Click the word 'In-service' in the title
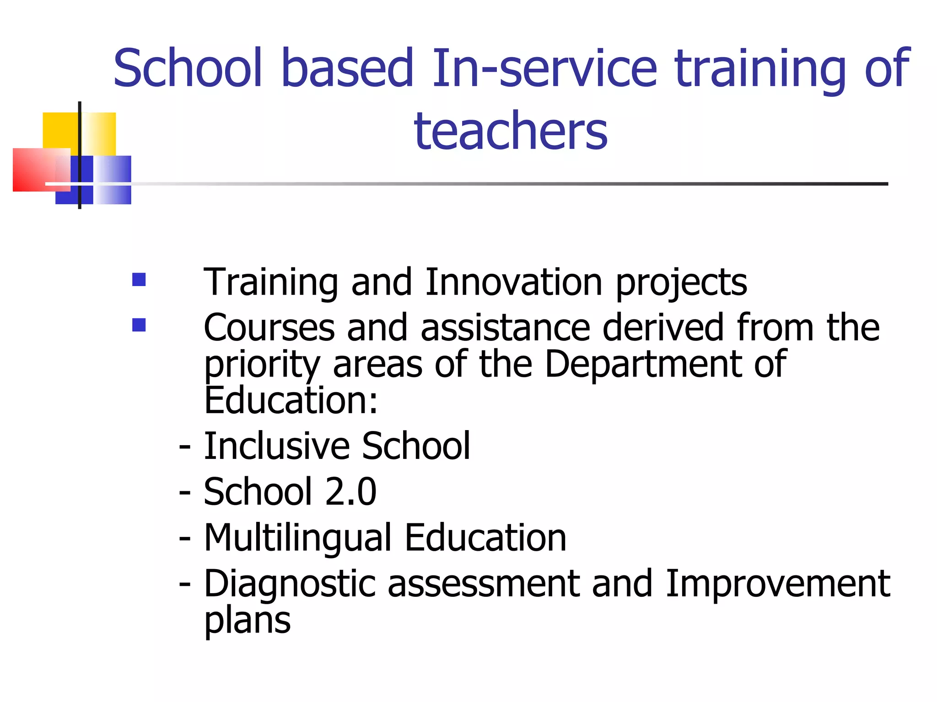click(x=544, y=69)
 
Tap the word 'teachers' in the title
click(x=511, y=131)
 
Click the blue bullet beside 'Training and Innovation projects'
click(x=139, y=279)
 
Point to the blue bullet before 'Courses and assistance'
click(x=139, y=325)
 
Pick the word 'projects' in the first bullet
click(x=681, y=283)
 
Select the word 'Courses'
click(x=269, y=328)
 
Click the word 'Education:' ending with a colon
click(x=291, y=400)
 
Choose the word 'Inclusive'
click(x=276, y=446)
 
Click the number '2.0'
click(x=350, y=492)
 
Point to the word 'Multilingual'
click(x=298, y=538)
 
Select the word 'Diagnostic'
click(x=290, y=585)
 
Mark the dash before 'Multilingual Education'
click(x=184, y=538)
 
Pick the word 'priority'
click(x=262, y=365)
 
